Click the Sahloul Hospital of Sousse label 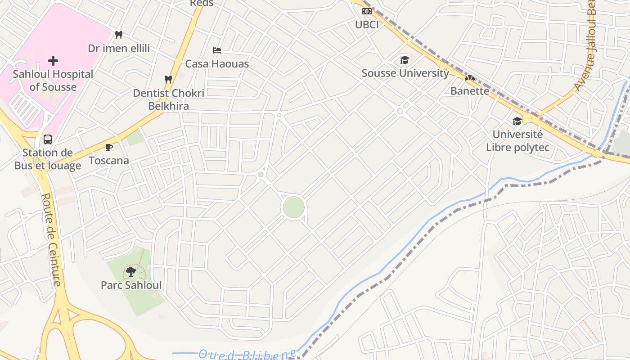53,81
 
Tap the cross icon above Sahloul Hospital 53,60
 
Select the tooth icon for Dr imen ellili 119,35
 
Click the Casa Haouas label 217,64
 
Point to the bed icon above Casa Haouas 217,50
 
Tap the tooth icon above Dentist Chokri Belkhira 168,79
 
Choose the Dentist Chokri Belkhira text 169,99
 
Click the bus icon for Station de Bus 48,139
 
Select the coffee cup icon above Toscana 108,147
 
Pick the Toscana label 108,161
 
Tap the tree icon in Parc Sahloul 130,271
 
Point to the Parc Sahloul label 131,285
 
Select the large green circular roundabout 293,207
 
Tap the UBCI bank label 367,25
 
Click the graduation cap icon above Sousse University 405,60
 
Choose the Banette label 470,91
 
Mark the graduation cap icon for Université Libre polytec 517,121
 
